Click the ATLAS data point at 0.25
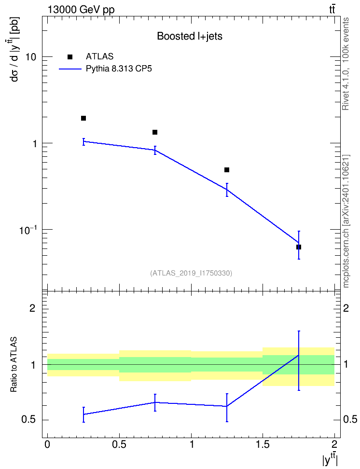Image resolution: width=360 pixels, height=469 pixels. [x=83, y=118]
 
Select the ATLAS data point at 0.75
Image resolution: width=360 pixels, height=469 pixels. [x=155, y=132]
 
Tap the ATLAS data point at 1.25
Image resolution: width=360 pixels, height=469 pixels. [x=227, y=170]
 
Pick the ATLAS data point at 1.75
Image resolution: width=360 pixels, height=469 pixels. [x=299, y=247]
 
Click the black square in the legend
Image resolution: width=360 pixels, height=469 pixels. [x=70, y=57]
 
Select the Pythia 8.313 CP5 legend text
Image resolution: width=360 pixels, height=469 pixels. [x=119, y=69]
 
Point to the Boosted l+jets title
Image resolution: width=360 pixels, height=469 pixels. [x=190, y=36]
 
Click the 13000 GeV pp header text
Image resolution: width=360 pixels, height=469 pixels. [x=81, y=10]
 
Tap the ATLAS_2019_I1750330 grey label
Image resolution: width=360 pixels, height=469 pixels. [x=191, y=273]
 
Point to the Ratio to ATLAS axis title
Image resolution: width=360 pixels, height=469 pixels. [x=14, y=365]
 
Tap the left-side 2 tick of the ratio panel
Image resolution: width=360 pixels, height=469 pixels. [x=33, y=308]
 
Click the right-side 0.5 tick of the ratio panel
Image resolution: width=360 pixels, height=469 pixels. [x=350, y=420]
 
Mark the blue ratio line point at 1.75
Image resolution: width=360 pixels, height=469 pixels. [x=299, y=355]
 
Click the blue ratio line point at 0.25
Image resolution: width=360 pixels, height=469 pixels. [x=83, y=414]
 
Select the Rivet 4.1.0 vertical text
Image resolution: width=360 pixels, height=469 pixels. [x=346, y=64]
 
